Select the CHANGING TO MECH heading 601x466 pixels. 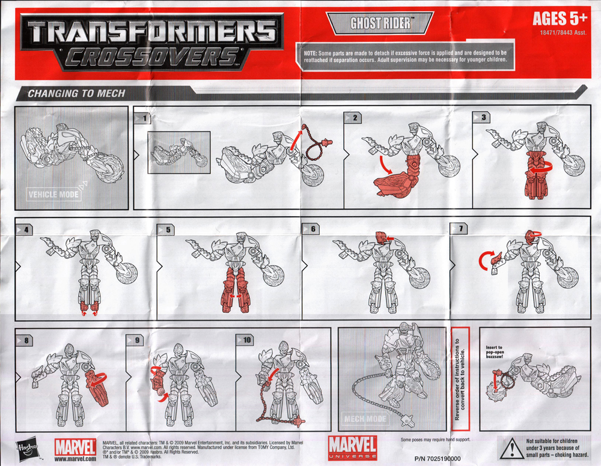click(x=76, y=93)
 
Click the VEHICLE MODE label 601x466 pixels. click(x=55, y=194)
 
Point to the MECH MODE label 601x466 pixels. click(x=365, y=419)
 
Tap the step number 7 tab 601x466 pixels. click(x=459, y=229)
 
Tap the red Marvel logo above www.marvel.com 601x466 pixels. click(x=75, y=446)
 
